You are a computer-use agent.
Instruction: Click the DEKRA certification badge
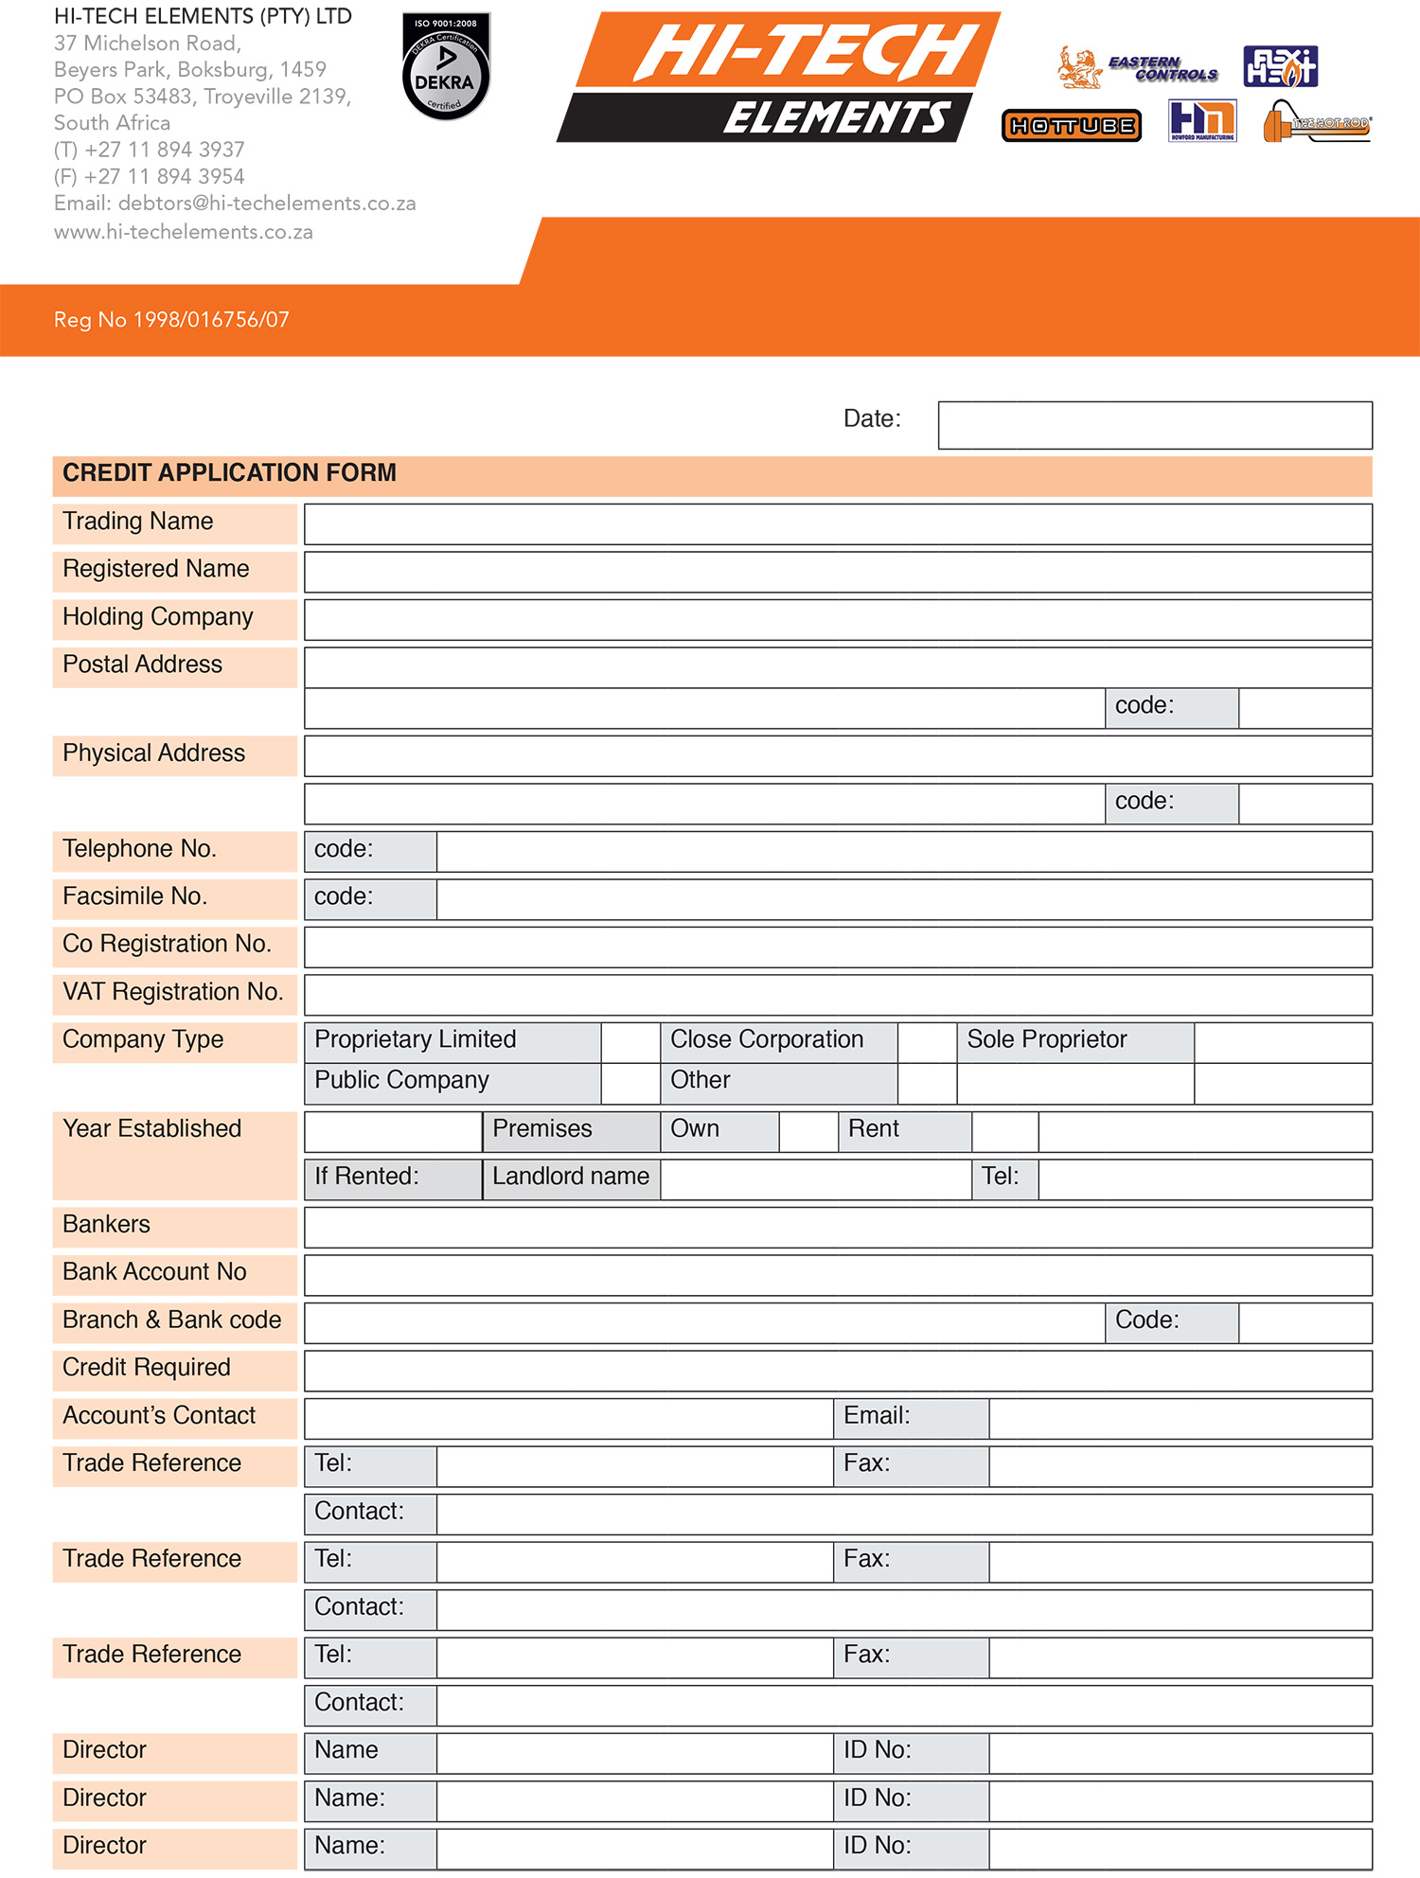[445, 67]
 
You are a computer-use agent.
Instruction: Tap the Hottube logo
[1072, 126]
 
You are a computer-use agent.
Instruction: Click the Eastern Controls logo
[1138, 68]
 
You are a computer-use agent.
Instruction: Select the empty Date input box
[1154, 425]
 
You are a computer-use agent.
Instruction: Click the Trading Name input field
[837, 524]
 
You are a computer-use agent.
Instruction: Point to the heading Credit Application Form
[230, 473]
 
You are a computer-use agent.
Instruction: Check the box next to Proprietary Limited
[630, 1042]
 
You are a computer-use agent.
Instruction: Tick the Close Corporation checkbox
[927, 1042]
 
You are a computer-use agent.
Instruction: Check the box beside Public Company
[630, 1084]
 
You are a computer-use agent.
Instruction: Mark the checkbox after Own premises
[808, 1132]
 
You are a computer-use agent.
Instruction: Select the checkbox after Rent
[1004, 1132]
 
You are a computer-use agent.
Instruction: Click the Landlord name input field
[815, 1179]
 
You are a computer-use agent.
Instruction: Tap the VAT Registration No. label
[173, 992]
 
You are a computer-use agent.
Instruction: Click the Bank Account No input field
[837, 1275]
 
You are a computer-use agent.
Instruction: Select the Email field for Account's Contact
[1180, 1419]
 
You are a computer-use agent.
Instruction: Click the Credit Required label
[147, 1368]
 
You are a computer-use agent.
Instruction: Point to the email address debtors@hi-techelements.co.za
[267, 204]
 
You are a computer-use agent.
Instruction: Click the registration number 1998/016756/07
[211, 320]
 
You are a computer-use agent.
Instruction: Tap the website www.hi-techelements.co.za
[184, 232]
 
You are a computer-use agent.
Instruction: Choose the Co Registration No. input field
[837, 947]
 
